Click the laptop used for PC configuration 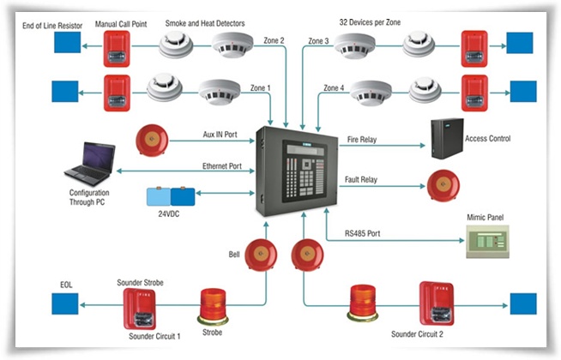pyautogui.click(x=90, y=164)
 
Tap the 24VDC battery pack pyautogui.click(x=171, y=196)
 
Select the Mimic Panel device pyautogui.click(x=487, y=242)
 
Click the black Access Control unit pyautogui.click(x=447, y=139)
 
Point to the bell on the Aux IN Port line pyautogui.click(x=152, y=140)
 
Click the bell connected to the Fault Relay pyautogui.click(x=443, y=185)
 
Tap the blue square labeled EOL pyautogui.click(x=64, y=304)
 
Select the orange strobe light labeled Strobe pyautogui.click(x=213, y=306)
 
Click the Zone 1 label pyautogui.click(x=260, y=88)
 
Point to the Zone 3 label pyautogui.click(x=318, y=41)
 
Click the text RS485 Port pyautogui.click(x=363, y=233)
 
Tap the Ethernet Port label pyautogui.click(x=222, y=166)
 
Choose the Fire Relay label pyautogui.click(x=362, y=140)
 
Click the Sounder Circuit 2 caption pyautogui.click(x=417, y=334)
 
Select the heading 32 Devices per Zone pyautogui.click(x=370, y=22)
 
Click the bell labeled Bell pyautogui.click(x=261, y=255)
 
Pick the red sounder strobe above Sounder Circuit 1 pyautogui.click(x=140, y=309)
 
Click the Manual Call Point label pyautogui.click(x=121, y=24)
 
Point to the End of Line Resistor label pyautogui.click(x=52, y=26)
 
